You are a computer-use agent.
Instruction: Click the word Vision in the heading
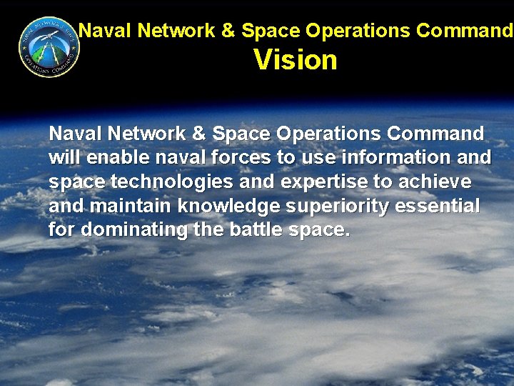click(296, 60)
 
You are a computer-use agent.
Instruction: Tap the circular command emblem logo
click(49, 47)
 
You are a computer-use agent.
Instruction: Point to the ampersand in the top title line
click(228, 31)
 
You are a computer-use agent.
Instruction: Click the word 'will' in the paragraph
click(63, 158)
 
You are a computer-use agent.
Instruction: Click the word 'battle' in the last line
click(255, 230)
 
